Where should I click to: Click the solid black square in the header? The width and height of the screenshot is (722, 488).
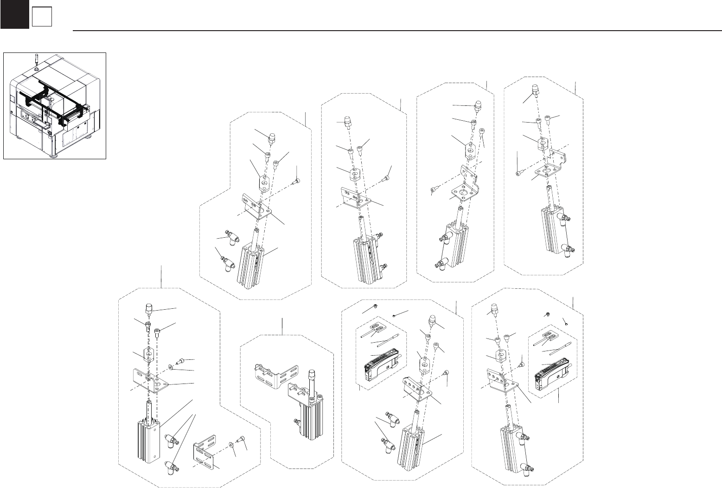14,14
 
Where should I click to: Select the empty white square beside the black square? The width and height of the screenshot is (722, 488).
41,18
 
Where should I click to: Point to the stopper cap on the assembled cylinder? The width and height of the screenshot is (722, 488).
312,375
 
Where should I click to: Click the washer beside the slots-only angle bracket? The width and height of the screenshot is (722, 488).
231,443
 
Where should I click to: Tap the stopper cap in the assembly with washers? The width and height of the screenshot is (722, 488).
150,309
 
